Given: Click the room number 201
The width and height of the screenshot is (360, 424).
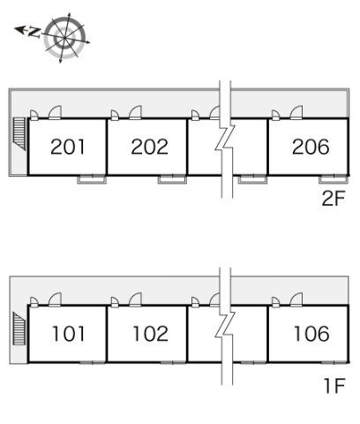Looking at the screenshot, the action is [x=68, y=147].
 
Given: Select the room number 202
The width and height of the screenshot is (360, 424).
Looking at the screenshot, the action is [x=150, y=147].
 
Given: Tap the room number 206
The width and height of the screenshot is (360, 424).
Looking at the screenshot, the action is [x=311, y=147].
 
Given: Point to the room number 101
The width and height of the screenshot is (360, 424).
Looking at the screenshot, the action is [x=68, y=334].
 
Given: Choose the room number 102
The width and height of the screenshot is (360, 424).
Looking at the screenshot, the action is [x=151, y=334].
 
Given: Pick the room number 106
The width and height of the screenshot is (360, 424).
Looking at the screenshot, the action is [x=311, y=334].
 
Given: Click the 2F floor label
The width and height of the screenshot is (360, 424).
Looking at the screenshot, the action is [x=333, y=199].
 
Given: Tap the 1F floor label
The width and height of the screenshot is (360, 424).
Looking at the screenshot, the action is [x=334, y=385].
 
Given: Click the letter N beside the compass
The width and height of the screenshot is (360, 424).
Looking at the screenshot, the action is [x=34, y=32].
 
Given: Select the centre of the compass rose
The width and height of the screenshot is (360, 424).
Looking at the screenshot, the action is [x=64, y=38].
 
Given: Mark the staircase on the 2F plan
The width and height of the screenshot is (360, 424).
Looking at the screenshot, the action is [x=20, y=134].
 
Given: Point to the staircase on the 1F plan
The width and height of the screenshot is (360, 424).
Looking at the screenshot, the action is [x=19, y=329].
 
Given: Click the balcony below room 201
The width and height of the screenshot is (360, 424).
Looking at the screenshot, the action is [x=92, y=179].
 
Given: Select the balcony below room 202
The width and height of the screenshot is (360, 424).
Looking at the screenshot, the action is [x=172, y=179].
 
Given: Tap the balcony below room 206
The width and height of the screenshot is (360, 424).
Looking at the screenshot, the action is [x=334, y=179].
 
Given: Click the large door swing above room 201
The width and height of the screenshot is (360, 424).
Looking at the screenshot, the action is [x=55, y=112].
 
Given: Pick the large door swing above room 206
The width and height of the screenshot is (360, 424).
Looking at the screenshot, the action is [x=296, y=112].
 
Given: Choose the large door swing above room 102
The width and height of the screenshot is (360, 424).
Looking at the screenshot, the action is [x=135, y=299].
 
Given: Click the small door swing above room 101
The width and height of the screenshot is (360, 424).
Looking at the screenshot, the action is [x=34, y=302].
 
